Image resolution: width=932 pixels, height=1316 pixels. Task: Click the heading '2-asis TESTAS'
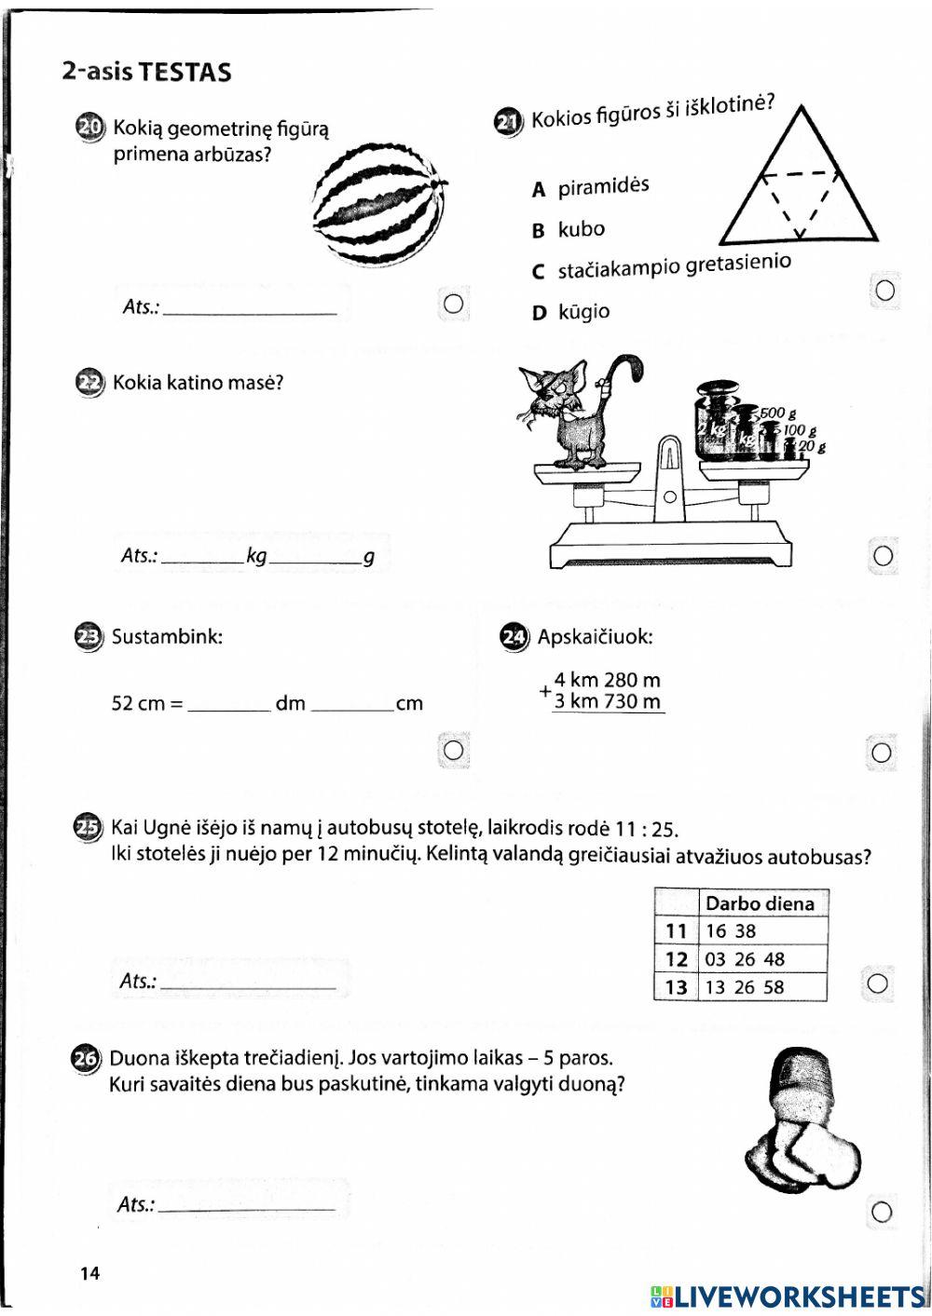click(x=146, y=73)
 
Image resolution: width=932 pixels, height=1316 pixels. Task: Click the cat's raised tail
click(x=623, y=373)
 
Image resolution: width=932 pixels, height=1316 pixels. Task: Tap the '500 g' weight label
click(x=777, y=413)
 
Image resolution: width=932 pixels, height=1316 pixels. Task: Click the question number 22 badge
click(x=89, y=383)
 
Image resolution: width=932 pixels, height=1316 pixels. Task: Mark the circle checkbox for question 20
click(x=454, y=304)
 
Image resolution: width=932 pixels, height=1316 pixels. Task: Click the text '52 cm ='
click(x=146, y=703)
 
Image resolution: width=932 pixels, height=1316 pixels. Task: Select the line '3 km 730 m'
click(x=607, y=701)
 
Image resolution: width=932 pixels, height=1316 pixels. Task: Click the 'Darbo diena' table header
click(x=760, y=903)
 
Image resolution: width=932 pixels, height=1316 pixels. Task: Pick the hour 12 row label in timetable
click(x=677, y=959)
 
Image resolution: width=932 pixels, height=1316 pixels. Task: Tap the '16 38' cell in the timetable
click(x=731, y=931)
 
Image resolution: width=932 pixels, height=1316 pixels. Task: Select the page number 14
click(x=89, y=1273)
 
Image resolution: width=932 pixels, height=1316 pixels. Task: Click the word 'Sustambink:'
click(x=167, y=637)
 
